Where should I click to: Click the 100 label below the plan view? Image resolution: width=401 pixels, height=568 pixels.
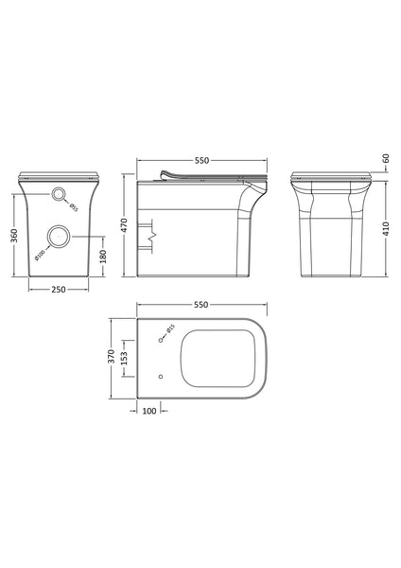pos(149,411)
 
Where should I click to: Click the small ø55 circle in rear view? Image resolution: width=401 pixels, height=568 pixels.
pos(61,196)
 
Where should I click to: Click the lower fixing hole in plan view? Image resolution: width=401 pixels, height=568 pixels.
pos(160,377)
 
